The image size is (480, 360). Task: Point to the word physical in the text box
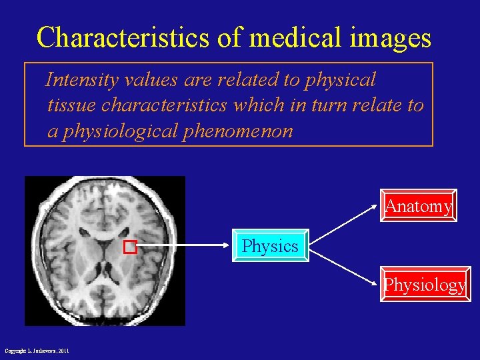tap(340, 81)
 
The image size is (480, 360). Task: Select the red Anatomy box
tap(418, 206)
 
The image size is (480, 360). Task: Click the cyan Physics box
tap(270, 246)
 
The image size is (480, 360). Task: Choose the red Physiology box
tap(425, 285)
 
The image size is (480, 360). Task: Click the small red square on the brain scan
tap(130, 247)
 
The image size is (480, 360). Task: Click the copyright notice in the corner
tap(37, 351)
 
